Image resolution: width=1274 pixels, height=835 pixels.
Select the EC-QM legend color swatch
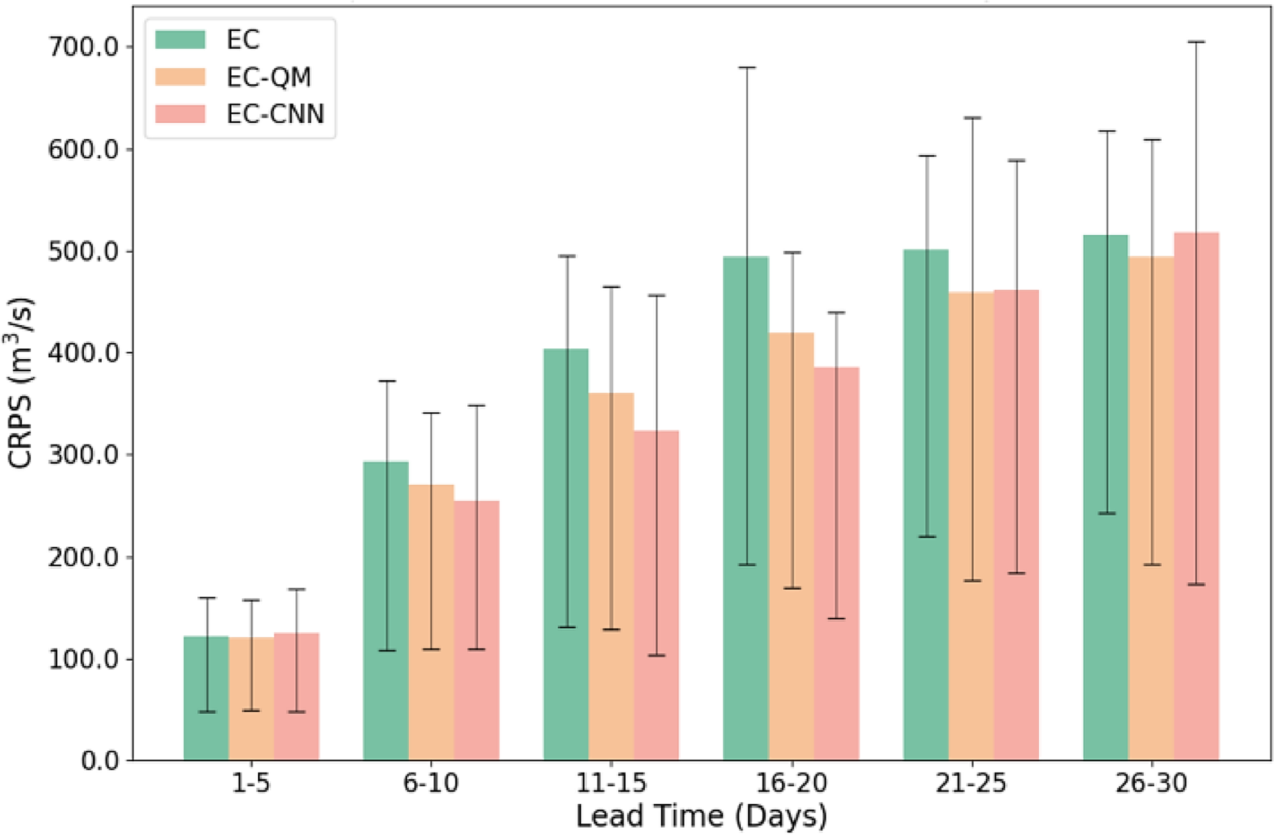tap(180, 77)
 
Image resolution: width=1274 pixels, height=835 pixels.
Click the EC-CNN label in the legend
tap(275, 114)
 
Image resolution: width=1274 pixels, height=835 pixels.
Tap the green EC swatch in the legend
tap(180, 39)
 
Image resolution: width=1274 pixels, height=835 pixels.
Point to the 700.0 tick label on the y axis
tap(83, 47)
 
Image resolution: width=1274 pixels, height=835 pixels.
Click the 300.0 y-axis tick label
tap(83, 455)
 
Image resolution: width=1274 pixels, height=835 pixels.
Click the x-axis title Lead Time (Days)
tap(701, 816)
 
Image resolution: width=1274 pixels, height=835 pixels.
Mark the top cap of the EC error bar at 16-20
tap(746, 67)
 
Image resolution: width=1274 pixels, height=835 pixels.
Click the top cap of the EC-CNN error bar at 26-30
tap(1196, 42)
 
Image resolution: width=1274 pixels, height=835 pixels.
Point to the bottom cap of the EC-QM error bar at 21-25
tap(972, 580)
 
